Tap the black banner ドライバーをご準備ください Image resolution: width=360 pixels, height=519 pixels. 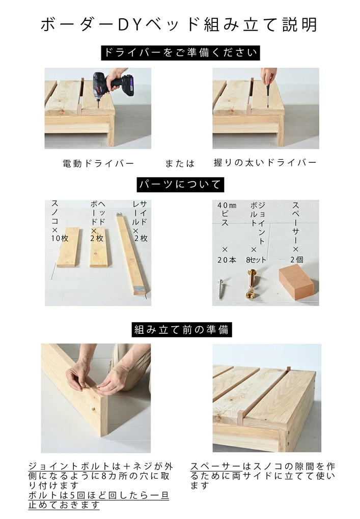[x=180, y=52]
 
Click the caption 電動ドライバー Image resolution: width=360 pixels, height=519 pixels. [x=98, y=163]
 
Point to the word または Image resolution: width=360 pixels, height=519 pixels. [x=180, y=163]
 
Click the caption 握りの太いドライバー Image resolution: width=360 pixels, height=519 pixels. [x=265, y=163]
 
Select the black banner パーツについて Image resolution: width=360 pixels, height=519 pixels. [x=180, y=184]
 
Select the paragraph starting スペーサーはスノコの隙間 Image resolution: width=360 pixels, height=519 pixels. [x=263, y=476]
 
